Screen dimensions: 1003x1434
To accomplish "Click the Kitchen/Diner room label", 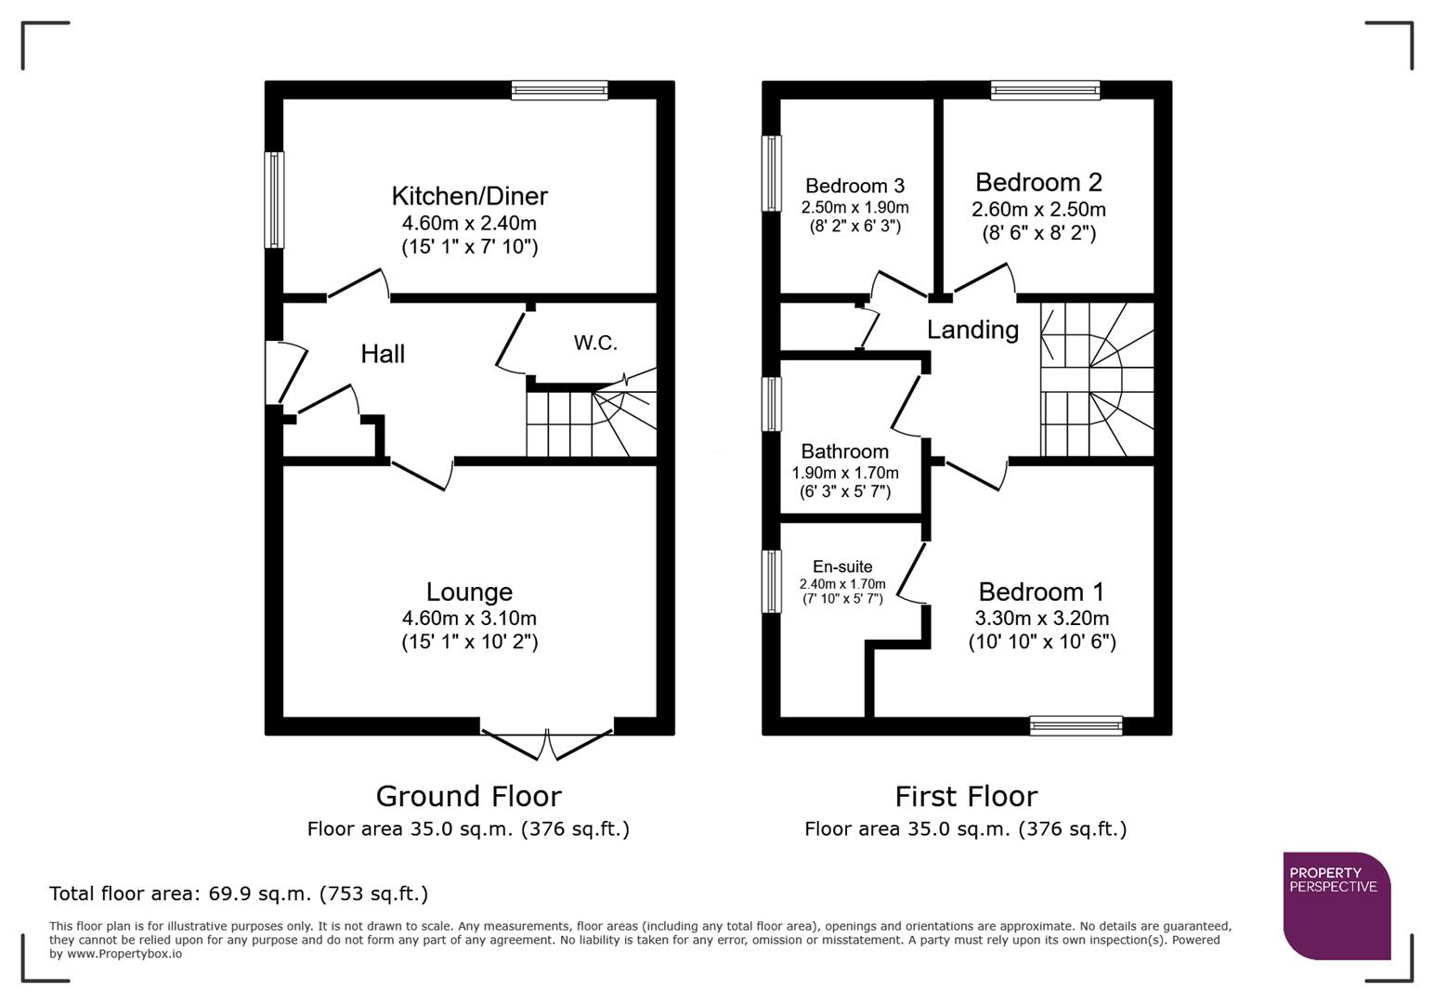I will (x=469, y=196).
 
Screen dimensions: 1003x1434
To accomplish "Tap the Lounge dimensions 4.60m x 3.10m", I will (x=469, y=619).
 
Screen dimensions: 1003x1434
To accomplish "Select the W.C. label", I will (x=595, y=343).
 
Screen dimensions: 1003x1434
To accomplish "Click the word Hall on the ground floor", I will (x=383, y=354).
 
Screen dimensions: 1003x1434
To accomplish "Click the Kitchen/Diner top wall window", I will (x=559, y=90).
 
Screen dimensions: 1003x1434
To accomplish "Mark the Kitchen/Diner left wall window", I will (x=274, y=200).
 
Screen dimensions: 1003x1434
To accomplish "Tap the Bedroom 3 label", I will (x=854, y=186).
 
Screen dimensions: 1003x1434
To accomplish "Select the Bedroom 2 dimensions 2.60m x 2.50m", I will (x=1038, y=210).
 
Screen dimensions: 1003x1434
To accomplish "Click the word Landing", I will (x=972, y=330).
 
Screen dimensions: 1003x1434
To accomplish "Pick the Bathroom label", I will (x=844, y=451).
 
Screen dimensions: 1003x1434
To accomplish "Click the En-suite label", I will (x=842, y=567).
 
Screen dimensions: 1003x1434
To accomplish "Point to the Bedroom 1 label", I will (x=1041, y=592).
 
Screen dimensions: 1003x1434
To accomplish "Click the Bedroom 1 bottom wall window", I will (x=1075, y=725).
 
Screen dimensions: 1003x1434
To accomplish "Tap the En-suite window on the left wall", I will (x=771, y=581).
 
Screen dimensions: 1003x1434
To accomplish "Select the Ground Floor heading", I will (x=468, y=796).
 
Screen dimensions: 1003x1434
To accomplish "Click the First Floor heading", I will (x=966, y=796).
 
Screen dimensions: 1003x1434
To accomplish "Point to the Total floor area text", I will (x=239, y=893).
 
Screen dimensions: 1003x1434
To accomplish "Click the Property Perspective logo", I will (x=1336, y=905).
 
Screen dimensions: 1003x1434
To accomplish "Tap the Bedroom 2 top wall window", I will (x=1045, y=90).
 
